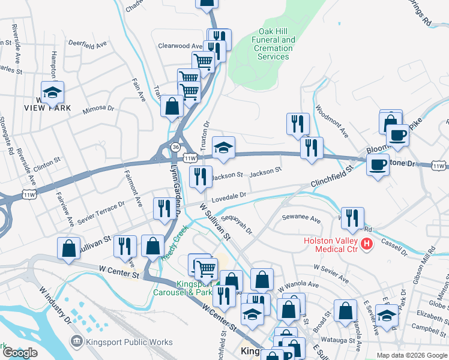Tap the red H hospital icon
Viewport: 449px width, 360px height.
pos(366,244)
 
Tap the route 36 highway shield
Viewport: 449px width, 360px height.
pos(175,147)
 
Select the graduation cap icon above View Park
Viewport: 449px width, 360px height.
pos(53,92)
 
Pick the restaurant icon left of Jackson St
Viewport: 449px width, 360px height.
pos(200,176)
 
